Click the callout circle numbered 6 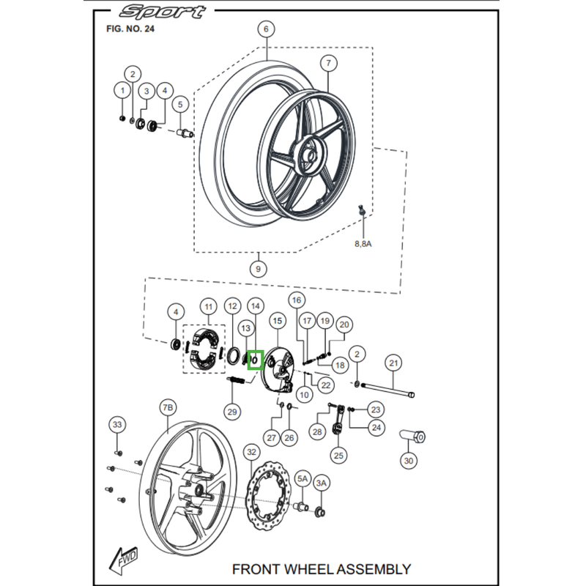point(265,29)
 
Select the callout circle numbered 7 point(327,63)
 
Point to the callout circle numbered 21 point(393,363)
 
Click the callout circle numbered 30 point(408,461)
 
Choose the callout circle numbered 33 point(116,424)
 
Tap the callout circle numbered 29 point(232,412)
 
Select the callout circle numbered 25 point(338,455)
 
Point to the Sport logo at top point(163,12)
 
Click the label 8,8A point(363,243)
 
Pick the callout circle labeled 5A point(303,478)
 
